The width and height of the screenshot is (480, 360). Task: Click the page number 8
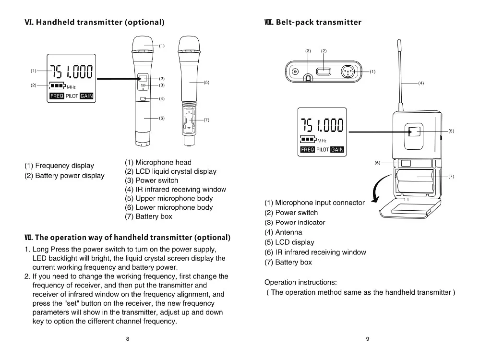pos(127,339)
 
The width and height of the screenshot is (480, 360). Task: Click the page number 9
pos(367,339)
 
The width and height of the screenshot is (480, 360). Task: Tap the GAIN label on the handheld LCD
pos(86,96)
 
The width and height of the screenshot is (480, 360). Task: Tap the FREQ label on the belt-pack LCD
pos(307,149)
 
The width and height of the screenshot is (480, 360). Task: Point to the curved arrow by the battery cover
pos(379,189)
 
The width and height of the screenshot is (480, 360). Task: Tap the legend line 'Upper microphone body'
pos(168,198)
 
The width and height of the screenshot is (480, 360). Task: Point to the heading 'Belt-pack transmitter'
pos(312,22)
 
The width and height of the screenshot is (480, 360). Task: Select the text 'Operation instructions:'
pos(300,282)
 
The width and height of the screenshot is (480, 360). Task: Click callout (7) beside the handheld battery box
pos(206,120)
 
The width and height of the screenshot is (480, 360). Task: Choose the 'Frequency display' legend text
pos(60,166)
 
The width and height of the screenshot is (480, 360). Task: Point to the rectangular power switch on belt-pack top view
pos(324,72)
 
